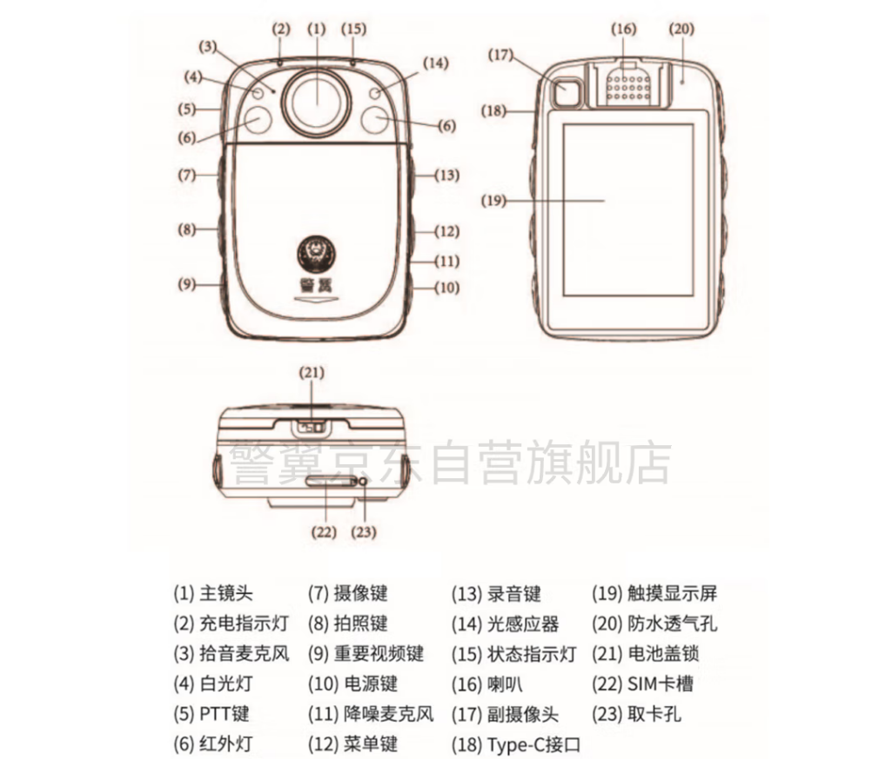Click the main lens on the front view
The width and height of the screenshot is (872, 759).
317,103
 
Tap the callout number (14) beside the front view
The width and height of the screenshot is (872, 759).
435,63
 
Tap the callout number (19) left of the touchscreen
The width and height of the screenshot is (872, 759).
493,200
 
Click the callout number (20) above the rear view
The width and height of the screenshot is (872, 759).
681,29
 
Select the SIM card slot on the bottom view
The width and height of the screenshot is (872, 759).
330,481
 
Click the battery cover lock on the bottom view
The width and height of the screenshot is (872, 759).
311,428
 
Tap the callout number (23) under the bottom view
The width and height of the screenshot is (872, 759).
364,532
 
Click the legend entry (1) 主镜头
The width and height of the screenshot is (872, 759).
213,594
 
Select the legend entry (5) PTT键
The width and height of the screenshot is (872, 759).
211,714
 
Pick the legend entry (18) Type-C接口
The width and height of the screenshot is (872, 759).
516,743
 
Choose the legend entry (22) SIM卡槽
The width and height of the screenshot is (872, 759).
642,683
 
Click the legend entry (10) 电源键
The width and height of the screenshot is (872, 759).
352,683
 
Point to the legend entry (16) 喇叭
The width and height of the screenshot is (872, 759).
487,683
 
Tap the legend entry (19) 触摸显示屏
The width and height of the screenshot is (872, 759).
654,594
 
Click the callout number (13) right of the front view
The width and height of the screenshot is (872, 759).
446,175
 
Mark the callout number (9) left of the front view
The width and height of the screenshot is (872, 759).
187,284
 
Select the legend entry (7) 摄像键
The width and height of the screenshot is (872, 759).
347,594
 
